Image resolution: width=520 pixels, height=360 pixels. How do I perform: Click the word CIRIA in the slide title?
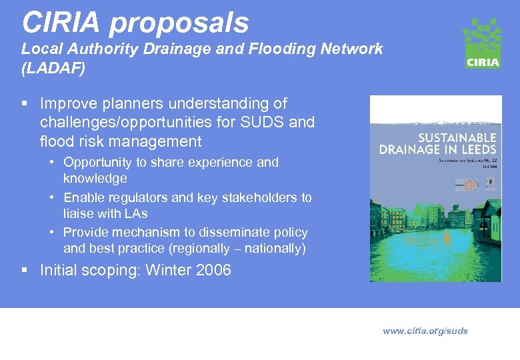tap(61, 22)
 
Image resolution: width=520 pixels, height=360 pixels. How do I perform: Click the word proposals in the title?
tap(179, 23)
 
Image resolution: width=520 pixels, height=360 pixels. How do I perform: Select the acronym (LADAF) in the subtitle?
tap(53, 68)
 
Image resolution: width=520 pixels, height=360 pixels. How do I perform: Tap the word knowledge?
tap(95, 178)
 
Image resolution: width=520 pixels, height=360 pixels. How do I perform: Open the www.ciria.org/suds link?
tap(425, 331)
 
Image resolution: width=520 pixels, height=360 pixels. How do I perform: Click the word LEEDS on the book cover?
tap(474, 149)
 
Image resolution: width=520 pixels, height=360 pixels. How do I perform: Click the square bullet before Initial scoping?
tap(25, 270)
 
